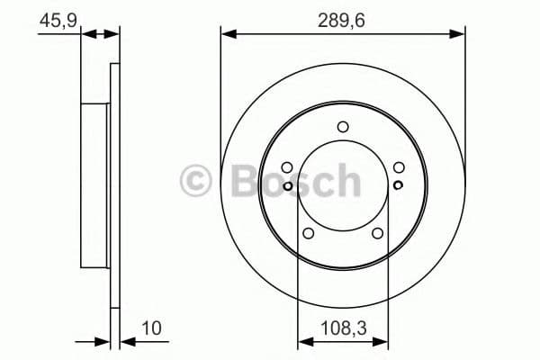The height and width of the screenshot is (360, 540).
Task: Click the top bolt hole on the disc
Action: [343, 127]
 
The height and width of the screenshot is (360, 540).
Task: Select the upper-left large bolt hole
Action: [287, 167]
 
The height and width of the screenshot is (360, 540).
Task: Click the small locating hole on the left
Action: [288, 185]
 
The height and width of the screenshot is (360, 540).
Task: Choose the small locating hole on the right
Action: [398, 185]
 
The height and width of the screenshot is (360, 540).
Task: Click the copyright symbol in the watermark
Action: [195, 180]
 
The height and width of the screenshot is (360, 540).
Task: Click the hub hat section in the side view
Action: [94, 184]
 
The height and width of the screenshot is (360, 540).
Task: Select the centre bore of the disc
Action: [343, 184]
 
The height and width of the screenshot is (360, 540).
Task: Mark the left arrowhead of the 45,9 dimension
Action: [87, 34]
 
